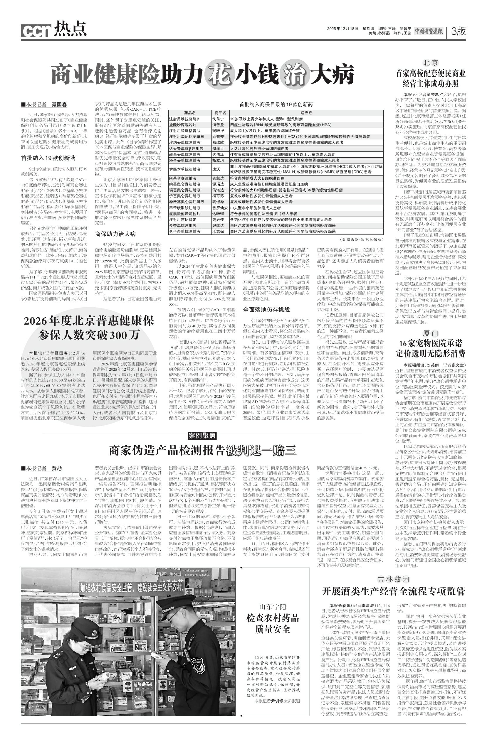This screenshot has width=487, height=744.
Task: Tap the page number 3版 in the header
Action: point(458,31)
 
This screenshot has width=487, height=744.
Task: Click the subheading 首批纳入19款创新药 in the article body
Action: point(48,158)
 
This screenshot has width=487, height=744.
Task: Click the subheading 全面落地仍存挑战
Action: point(266,310)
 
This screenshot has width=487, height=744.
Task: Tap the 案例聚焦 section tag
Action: point(202,436)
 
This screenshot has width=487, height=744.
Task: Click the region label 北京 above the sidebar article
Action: point(430,62)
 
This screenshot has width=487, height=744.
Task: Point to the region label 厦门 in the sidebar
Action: point(430,333)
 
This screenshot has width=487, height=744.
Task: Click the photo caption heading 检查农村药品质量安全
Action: point(273,623)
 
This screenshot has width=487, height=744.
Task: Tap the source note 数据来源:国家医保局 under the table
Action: point(362,239)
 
